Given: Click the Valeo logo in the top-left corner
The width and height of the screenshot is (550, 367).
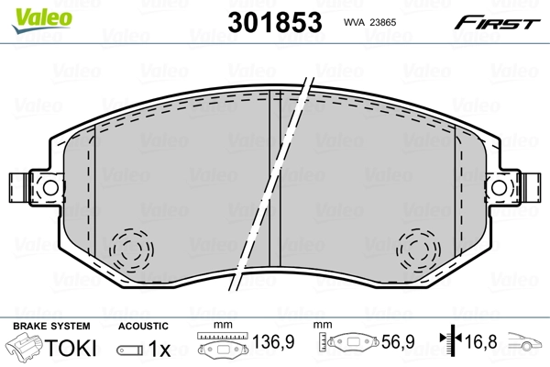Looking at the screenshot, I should point(29,10).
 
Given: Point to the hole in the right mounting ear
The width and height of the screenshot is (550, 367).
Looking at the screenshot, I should point(500,186).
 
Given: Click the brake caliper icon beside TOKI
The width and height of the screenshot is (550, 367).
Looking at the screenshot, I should point(25,350).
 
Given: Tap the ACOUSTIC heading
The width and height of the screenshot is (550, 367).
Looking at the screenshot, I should point(143,326).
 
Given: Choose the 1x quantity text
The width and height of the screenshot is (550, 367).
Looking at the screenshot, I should point(159,350).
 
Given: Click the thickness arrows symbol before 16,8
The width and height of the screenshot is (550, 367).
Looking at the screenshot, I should point(446,343).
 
